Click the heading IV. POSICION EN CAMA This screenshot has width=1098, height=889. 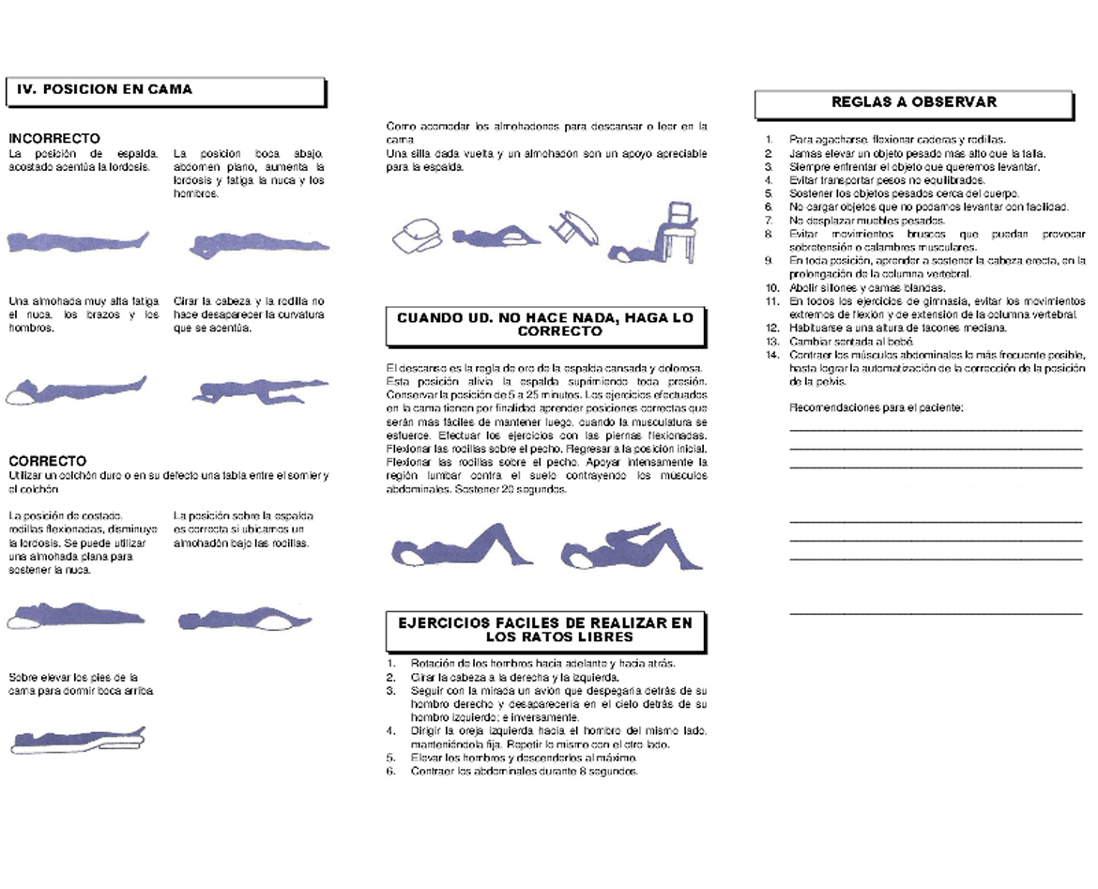point(105,90)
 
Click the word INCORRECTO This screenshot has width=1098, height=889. point(54,139)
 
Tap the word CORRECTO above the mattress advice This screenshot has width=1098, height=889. point(47,461)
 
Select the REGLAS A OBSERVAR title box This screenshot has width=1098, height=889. point(913,103)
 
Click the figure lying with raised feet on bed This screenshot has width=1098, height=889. point(77,739)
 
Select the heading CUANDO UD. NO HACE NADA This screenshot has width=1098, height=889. point(545,325)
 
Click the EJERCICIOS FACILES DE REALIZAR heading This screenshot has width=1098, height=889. point(545,629)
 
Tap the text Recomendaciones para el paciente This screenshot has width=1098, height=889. point(876,407)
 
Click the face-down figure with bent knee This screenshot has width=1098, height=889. point(259,391)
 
